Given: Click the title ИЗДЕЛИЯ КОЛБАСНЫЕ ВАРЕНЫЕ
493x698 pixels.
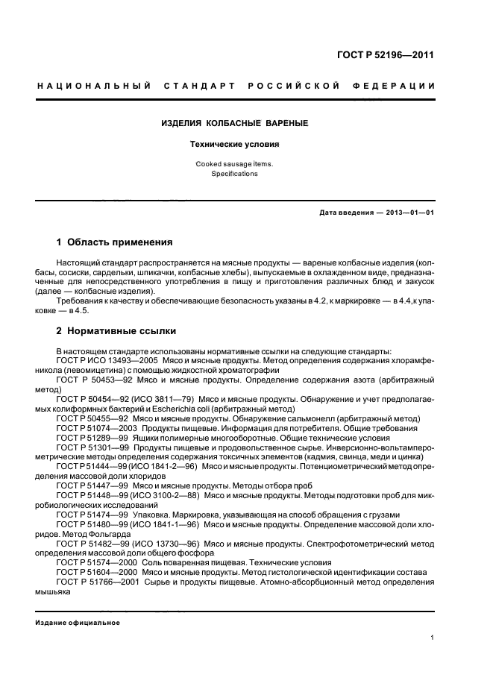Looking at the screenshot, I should coord(234,122).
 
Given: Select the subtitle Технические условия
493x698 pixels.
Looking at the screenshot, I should coord(234,145).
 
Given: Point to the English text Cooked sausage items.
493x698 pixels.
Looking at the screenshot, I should coord(234,163).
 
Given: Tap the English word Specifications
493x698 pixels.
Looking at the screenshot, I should coord(234,174).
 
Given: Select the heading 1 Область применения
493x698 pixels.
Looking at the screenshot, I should coord(115,242).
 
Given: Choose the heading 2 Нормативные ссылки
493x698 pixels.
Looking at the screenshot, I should coord(116,331).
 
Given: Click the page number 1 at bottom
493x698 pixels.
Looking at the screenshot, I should coord(433,638).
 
